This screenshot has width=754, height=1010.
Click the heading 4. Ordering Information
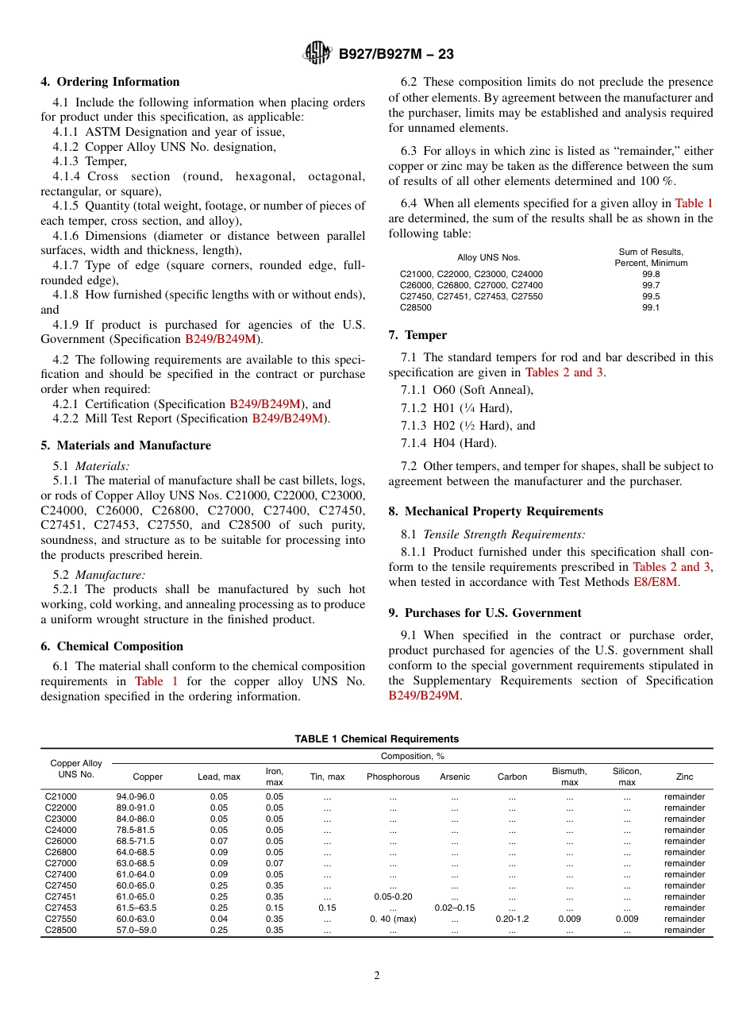click(x=110, y=82)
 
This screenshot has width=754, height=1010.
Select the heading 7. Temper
click(x=417, y=335)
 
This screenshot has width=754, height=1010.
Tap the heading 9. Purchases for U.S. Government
click(x=485, y=613)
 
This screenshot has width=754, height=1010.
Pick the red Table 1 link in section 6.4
click(x=694, y=203)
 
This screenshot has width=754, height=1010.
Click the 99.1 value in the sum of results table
click(x=651, y=307)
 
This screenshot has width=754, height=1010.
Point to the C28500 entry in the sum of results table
click(x=416, y=307)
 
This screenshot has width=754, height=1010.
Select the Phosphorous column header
click(x=393, y=777)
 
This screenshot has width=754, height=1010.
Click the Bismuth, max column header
click(x=569, y=777)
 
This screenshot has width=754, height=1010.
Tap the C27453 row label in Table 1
click(x=61, y=908)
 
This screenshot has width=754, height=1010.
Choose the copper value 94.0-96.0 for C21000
click(x=136, y=796)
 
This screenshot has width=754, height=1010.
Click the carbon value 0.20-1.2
click(x=512, y=919)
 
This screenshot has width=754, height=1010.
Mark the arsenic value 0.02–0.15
click(x=455, y=908)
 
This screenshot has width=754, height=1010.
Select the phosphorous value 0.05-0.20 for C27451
click(x=393, y=896)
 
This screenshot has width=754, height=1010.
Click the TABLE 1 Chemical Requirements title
click(x=376, y=739)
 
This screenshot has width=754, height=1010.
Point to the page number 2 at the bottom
click(x=377, y=976)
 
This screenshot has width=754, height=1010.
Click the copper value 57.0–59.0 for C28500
click(x=137, y=930)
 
